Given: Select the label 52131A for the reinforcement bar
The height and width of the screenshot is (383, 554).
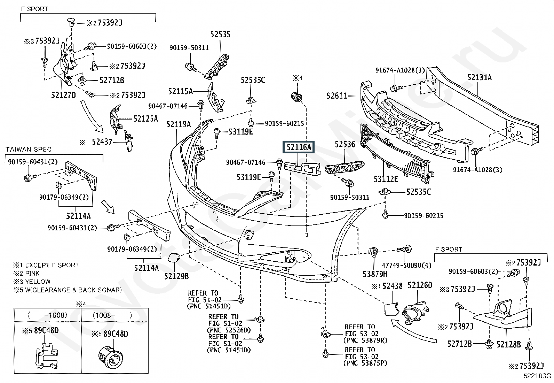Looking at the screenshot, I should tap(479, 77).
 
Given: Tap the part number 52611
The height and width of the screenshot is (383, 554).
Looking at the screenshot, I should tap(337, 95).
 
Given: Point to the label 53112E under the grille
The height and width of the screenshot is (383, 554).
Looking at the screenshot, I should tap(386, 179).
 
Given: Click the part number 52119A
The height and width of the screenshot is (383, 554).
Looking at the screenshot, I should tap(178, 124).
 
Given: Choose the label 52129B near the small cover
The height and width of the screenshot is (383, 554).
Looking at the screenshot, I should tap(176, 276).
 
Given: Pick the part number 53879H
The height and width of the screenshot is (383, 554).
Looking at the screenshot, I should tap(375, 274).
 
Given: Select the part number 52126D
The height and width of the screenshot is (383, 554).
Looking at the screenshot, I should tap(420, 286).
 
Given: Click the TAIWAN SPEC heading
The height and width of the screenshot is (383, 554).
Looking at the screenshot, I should tap(29, 150).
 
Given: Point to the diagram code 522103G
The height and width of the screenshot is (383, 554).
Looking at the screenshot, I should tap(538, 376).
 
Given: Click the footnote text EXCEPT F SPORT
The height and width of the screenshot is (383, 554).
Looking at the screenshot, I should tap(52, 265).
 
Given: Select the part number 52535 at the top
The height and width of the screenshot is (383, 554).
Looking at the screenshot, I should tap(220, 35).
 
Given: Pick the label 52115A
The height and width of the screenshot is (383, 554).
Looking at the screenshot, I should tap(180, 91).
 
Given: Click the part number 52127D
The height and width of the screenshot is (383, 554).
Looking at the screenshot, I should tap(63, 95).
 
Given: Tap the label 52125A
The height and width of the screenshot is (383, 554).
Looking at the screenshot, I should tap(145, 119).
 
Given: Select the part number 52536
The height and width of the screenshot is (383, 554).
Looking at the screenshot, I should tap(345, 144).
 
